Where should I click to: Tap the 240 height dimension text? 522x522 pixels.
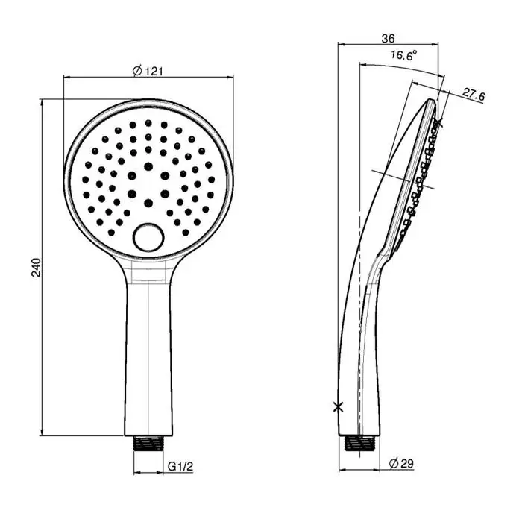coord(36,267)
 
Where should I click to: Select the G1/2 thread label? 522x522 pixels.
coord(180,466)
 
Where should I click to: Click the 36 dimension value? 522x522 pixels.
coord(388,39)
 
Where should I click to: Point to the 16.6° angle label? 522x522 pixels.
coord(404,55)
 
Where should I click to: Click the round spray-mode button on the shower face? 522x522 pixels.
coord(148,238)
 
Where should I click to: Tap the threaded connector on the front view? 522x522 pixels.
coord(148,443)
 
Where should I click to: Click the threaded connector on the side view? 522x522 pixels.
coord(359,444)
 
